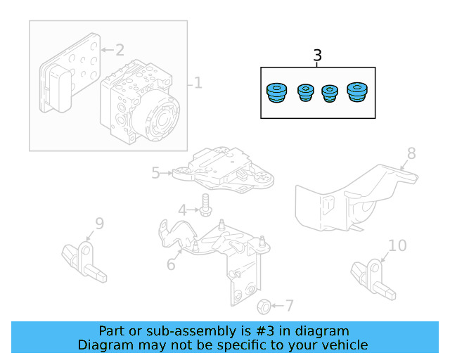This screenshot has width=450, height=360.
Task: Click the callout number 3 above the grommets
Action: [x=317, y=56]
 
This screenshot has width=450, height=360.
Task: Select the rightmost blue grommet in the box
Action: [x=358, y=93]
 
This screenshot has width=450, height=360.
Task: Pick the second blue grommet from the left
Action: [x=304, y=93]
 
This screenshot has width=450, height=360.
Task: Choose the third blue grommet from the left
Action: [x=329, y=94]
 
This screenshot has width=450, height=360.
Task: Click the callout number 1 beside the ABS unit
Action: [x=198, y=84]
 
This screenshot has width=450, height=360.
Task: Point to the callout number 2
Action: [x=119, y=50]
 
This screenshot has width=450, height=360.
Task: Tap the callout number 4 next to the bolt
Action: [x=182, y=210]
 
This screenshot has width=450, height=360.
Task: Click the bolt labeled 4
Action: [x=205, y=207]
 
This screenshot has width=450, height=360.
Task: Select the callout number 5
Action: [x=156, y=171]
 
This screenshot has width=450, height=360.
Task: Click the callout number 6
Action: [x=171, y=264]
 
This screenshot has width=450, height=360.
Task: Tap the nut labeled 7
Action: [x=263, y=306]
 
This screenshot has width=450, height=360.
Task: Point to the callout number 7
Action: [x=289, y=306]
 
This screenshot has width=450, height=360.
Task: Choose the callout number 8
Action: [x=411, y=153]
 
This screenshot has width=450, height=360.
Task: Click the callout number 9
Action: [x=99, y=224]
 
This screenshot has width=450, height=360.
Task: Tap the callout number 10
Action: [x=397, y=245]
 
